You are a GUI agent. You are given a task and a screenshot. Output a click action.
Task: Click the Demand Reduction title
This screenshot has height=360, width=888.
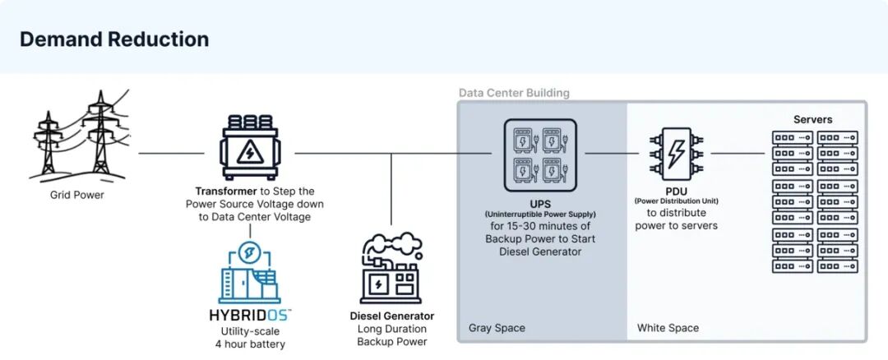click(x=114, y=39)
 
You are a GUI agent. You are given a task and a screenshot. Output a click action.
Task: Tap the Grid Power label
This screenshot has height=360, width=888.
click(x=77, y=195)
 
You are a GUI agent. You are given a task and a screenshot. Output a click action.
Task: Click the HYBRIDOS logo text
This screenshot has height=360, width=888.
click(x=249, y=315)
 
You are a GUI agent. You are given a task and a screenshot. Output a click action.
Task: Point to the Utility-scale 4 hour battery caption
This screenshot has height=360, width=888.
click(x=249, y=337)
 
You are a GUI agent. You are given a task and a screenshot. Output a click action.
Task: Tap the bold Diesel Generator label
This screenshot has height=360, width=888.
click(x=391, y=316)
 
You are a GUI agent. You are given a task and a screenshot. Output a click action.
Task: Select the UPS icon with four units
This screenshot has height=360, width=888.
click(x=539, y=154)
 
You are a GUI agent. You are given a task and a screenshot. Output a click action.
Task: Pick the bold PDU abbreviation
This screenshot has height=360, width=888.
click(x=677, y=191)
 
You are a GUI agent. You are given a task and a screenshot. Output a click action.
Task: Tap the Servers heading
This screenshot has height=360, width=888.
click(x=812, y=119)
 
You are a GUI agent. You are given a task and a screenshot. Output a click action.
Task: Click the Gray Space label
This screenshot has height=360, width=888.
click(x=497, y=328)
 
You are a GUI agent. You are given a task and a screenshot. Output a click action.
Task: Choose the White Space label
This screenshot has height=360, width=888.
click(x=668, y=328)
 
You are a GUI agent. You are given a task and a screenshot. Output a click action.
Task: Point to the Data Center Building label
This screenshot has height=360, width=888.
click(x=514, y=93)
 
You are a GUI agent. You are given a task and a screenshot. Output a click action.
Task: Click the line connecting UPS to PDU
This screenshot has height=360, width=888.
click(x=612, y=153)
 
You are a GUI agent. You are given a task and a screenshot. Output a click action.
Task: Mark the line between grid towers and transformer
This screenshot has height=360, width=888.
click(x=171, y=153)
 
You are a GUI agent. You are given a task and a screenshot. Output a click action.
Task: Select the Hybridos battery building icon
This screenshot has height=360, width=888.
click(x=249, y=275)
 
